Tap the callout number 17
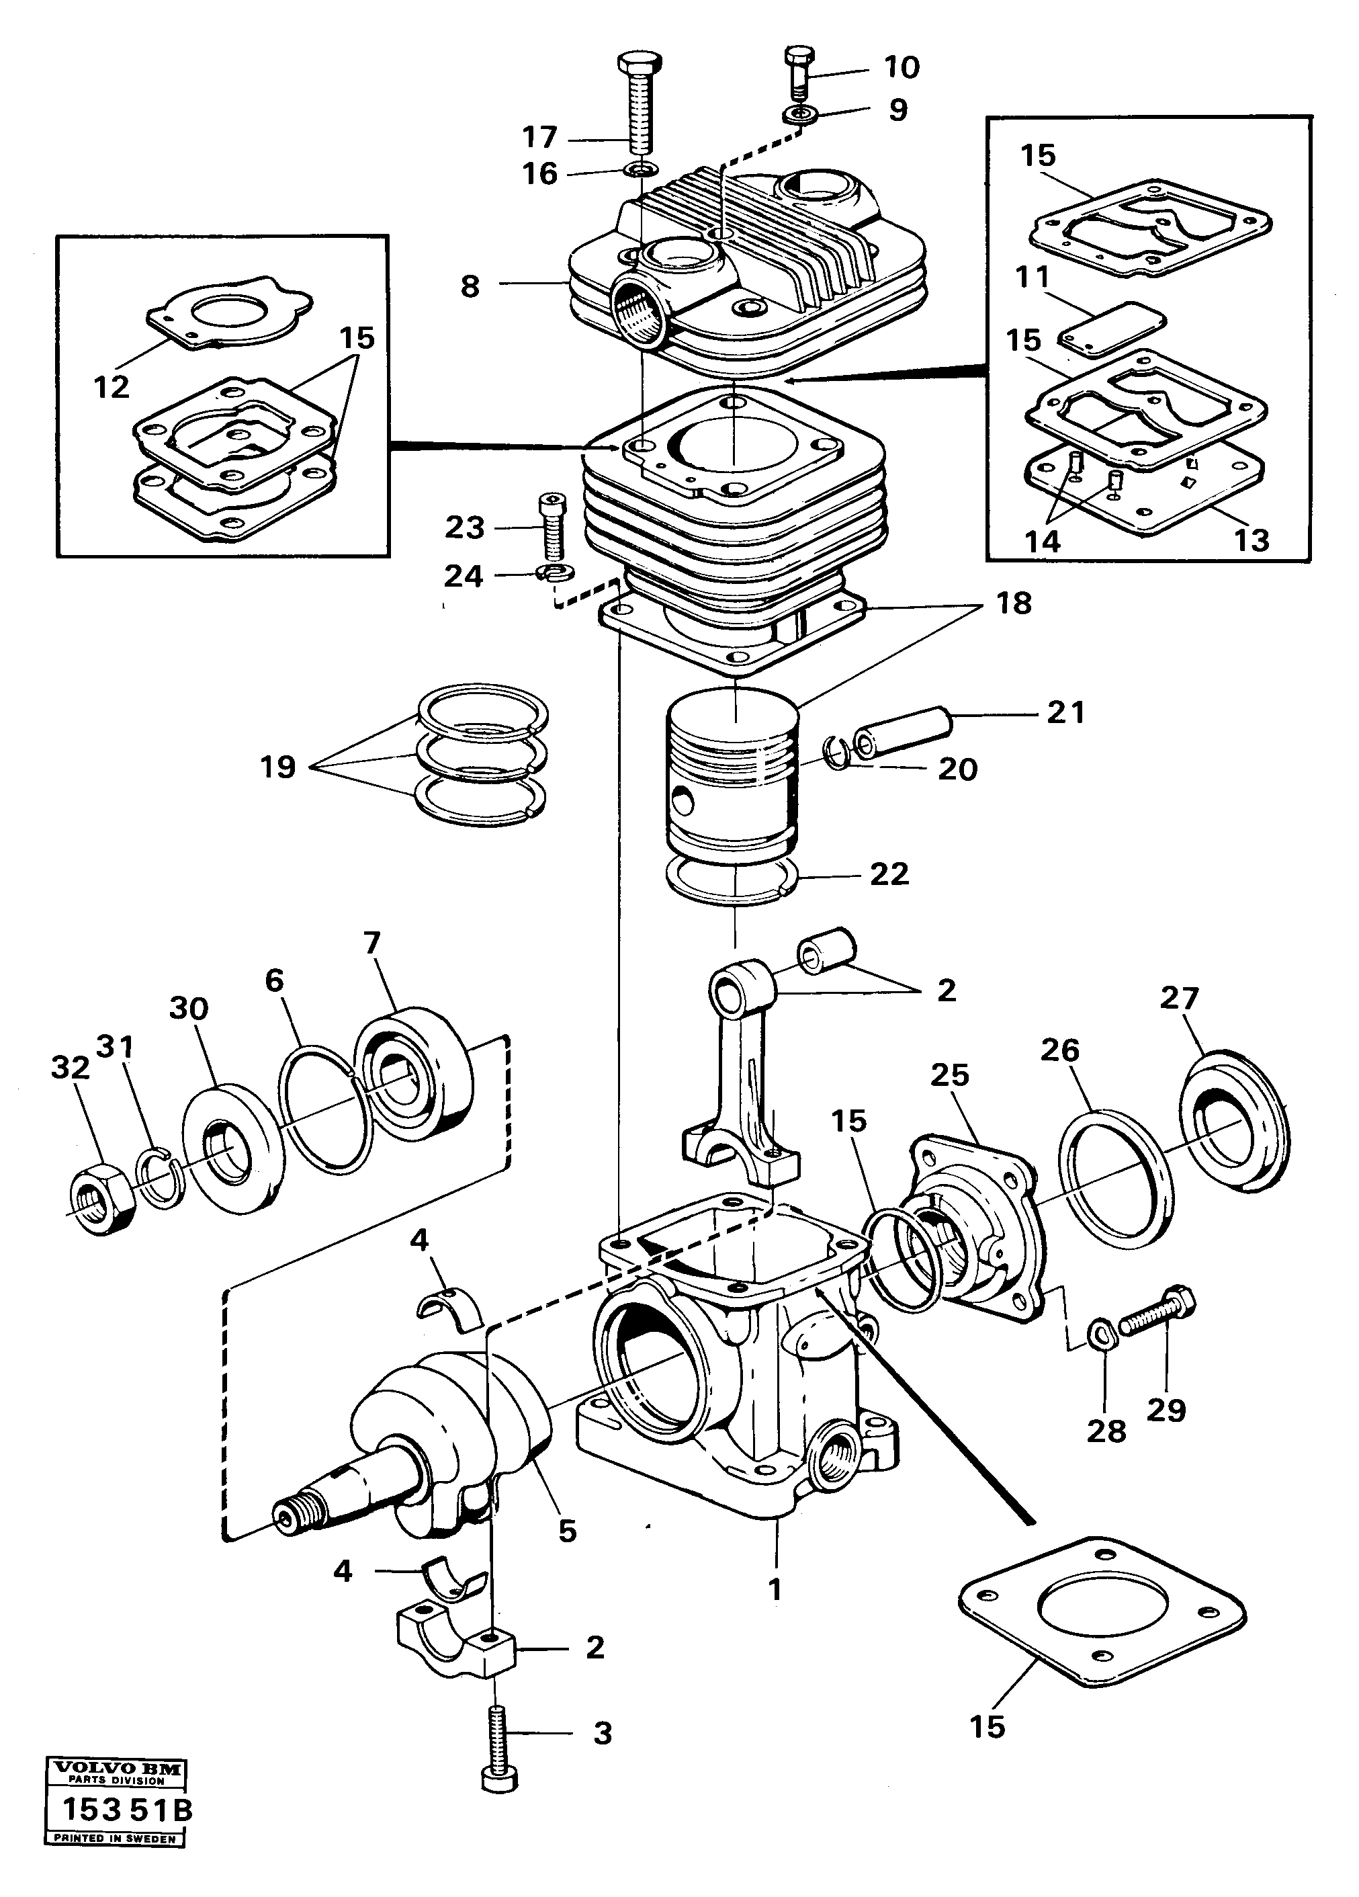[539, 136]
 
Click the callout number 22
[889, 875]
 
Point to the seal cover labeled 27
[1233, 1125]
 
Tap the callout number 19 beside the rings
[277, 766]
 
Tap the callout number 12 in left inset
[112, 387]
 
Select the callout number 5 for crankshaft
[567, 1531]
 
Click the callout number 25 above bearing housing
[949, 1074]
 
